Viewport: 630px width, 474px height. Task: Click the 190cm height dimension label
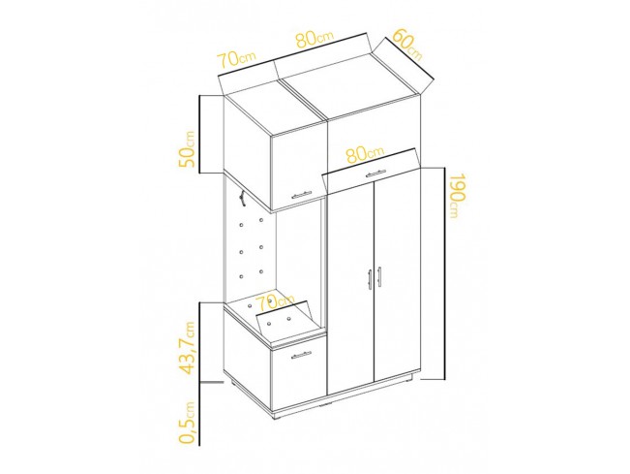(x=457, y=196)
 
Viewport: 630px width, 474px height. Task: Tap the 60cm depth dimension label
(x=407, y=45)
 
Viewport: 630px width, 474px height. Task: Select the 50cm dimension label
(x=187, y=149)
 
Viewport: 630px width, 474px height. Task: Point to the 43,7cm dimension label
(x=187, y=348)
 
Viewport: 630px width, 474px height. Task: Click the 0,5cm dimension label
(x=187, y=423)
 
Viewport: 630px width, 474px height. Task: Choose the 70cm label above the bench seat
(x=276, y=301)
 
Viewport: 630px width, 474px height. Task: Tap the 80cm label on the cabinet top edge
(x=315, y=39)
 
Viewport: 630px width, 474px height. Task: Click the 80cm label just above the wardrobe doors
(x=365, y=154)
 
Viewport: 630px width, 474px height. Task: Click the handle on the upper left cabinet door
(x=301, y=194)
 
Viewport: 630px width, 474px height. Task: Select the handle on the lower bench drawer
(x=301, y=355)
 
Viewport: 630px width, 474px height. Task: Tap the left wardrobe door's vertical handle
(x=370, y=278)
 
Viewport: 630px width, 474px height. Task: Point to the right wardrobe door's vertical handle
(x=379, y=277)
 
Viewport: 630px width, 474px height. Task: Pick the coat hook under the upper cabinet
(x=243, y=199)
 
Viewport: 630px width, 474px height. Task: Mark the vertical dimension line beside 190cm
(x=444, y=273)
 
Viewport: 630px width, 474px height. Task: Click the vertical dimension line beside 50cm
(x=199, y=135)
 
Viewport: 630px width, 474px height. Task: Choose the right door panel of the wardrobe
(x=398, y=274)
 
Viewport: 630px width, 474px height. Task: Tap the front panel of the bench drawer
(x=298, y=372)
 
